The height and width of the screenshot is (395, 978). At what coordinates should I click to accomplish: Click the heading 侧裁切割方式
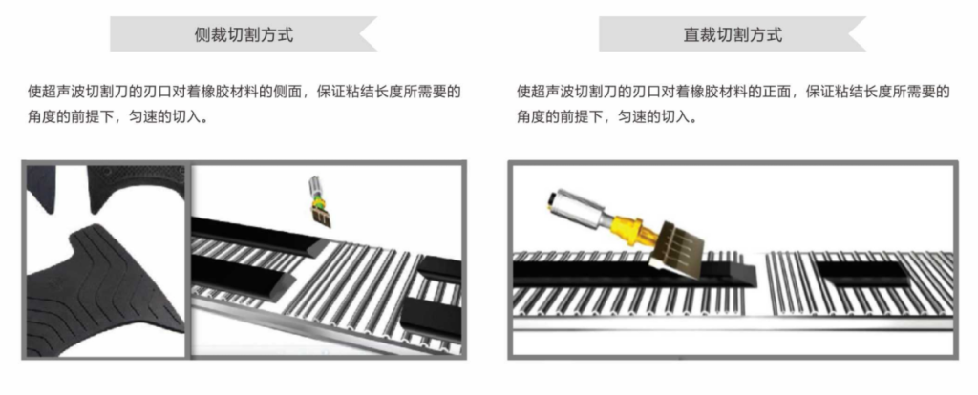tap(244, 34)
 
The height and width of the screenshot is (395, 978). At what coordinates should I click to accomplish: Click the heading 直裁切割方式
tap(733, 34)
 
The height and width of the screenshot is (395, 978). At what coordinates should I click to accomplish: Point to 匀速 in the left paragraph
tap(142, 116)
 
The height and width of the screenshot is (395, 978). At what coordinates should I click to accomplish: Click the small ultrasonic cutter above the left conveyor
tap(319, 200)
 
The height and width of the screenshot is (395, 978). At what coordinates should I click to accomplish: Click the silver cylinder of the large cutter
tap(577, 207)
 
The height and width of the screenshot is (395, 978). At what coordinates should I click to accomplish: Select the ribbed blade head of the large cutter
tap(676, 245)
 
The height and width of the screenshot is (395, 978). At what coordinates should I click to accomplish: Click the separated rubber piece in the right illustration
tap(862, 272)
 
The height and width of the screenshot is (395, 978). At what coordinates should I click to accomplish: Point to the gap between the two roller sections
tap(755, 283)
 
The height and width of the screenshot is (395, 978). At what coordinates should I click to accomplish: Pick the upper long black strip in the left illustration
tap(259, 236)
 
